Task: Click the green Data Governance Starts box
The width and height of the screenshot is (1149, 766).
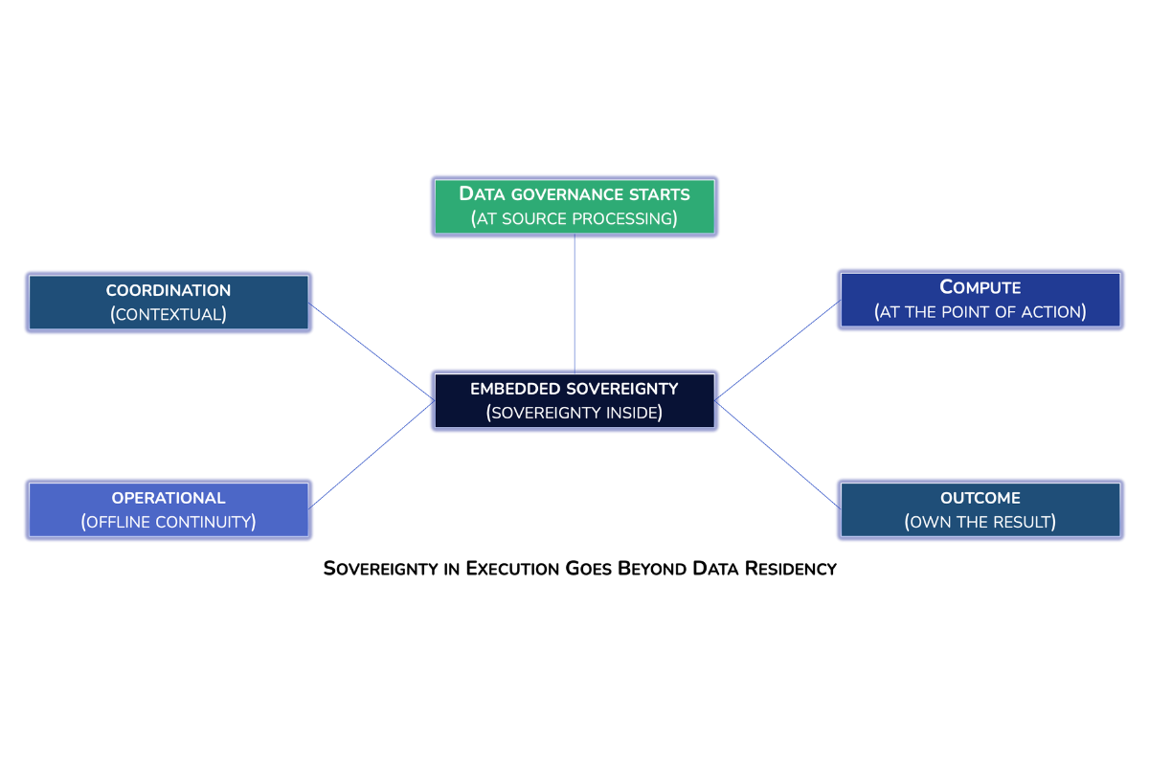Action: point(574,206)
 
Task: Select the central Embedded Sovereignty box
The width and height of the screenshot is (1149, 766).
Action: point(574,400)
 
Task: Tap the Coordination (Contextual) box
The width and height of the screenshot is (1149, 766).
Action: point(169,302)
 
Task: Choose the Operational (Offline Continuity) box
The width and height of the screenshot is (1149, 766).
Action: point(169,509)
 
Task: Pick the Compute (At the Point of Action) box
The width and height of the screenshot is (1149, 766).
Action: point(980,300)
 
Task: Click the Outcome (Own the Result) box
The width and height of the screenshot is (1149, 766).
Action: point(980,509)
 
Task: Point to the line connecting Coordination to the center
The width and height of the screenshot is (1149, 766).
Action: point(372,351)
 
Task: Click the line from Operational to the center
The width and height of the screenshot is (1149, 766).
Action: point(372,455)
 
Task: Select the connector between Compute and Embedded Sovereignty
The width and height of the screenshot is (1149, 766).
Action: point(777,349)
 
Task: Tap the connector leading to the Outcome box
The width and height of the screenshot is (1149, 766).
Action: point(777,455)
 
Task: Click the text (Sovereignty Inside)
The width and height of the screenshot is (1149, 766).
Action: point(574,414)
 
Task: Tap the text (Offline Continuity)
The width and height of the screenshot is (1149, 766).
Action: point(169,522)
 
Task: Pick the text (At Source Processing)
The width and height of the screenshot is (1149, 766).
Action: point(574,219)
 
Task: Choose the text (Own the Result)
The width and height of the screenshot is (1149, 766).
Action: point(980,522)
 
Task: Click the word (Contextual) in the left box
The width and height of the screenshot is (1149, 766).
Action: point(169,314)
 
